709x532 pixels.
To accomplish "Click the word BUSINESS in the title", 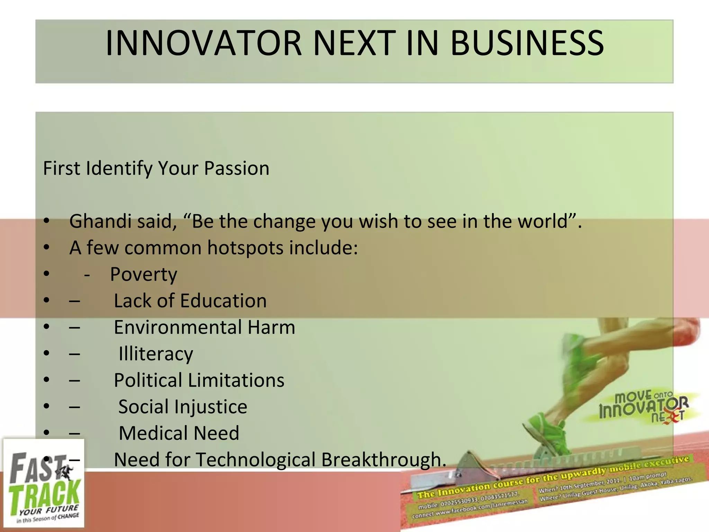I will pos(527,43).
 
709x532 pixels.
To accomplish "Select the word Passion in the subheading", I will pos(236,169).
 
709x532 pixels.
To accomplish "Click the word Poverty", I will pos(144,275).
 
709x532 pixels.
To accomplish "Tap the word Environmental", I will pos(178,327).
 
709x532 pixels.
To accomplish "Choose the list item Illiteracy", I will pos(156,354).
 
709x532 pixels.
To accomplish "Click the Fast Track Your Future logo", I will pos(44,483).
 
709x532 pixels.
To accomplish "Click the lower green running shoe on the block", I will pos(547,433).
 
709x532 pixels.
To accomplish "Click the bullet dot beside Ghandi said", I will pos(47,221).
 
